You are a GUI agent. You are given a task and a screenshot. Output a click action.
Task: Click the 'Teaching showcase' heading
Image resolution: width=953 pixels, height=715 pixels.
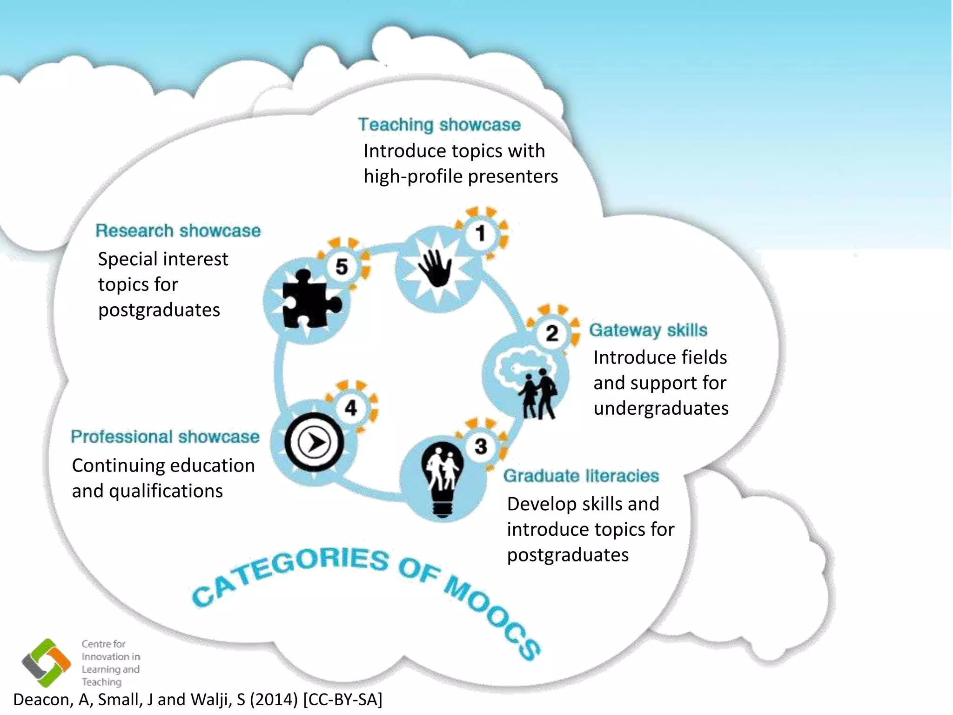(x=439, y=125)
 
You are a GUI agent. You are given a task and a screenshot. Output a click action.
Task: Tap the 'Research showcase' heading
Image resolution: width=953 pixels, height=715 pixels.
(x=178, y=231)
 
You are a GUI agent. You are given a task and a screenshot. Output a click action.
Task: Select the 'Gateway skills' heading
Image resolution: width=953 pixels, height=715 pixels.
(x=648, y=330)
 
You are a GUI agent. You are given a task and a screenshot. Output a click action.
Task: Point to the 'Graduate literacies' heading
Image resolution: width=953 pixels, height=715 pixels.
(x=581, y=476)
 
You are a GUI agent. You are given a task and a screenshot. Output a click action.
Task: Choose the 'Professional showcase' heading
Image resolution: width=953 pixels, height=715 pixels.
(x=165, y=437)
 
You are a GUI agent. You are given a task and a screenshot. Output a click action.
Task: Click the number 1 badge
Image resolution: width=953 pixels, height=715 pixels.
(x=481, y=233)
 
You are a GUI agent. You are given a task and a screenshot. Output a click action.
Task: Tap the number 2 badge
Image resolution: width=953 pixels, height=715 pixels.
(x=552, y=333)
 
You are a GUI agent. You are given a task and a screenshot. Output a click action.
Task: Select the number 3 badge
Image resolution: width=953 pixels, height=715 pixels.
(x=481, y=446)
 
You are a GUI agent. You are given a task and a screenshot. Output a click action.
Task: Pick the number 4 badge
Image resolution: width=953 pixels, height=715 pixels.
(x=351, y=408)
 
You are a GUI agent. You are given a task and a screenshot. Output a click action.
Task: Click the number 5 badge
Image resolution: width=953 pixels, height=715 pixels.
(x=342, y=267)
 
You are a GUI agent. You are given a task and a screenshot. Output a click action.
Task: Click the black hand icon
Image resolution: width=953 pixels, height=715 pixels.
(x=435, y=268)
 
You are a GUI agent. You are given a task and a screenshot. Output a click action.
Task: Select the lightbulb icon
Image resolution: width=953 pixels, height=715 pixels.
(x=442, y=479)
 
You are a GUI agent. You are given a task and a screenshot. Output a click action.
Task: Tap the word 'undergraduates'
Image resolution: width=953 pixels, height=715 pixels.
(x=661, y=408)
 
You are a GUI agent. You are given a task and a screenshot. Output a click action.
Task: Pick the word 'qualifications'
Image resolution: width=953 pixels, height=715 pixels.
(x=166, y=491)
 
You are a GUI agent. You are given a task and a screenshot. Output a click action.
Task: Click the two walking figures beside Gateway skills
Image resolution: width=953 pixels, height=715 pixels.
(x=537, y=393)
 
